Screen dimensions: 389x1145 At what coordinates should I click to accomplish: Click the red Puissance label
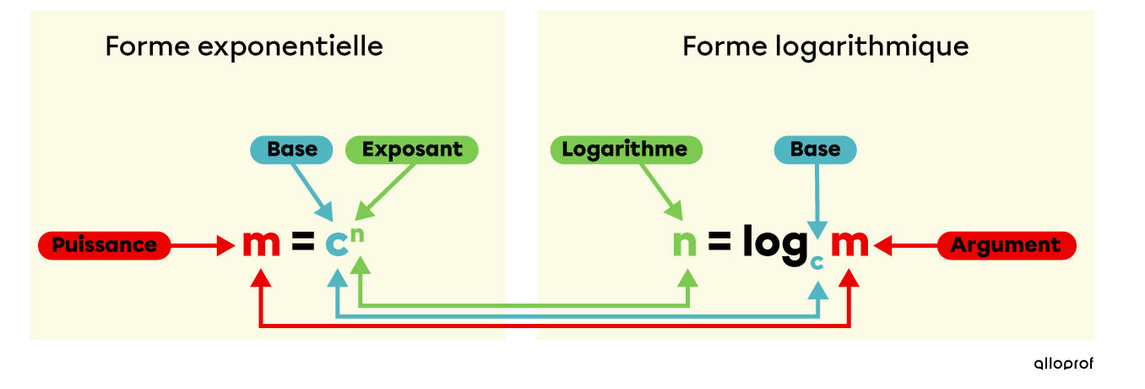pos(105,245)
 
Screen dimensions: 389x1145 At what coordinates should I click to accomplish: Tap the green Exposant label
pos(412,150)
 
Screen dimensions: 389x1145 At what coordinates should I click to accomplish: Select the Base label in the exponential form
pos(292,150)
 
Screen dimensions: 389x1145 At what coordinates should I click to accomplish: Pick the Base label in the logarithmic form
pos(815,150)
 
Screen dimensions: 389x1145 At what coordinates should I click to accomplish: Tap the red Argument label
pos(1006,245)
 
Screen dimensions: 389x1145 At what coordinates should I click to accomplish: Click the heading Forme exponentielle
pos(244,46)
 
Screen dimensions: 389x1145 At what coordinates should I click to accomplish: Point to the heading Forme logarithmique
pos(825,46)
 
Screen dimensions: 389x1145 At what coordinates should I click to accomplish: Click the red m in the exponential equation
pos(261,244)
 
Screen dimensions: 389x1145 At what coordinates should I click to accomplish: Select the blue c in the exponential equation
pos(337,245)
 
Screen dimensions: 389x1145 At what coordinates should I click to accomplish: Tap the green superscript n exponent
pos(357,234)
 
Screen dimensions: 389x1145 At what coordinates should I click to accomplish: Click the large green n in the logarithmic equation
pos(684,244)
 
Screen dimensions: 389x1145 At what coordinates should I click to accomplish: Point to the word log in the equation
pos(775,245)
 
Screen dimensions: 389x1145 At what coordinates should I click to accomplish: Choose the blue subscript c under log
pos(816,263)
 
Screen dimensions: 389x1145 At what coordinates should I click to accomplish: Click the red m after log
pos(849,244)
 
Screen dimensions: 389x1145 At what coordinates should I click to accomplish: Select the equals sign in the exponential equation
pos(302,244)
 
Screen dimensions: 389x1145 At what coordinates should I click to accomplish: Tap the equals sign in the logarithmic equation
pos(719,244)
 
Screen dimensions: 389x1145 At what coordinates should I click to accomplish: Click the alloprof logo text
pos(1063,363)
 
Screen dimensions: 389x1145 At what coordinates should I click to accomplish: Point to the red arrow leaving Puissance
pos(203,246)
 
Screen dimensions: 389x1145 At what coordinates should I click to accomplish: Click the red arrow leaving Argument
pos(907,246)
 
